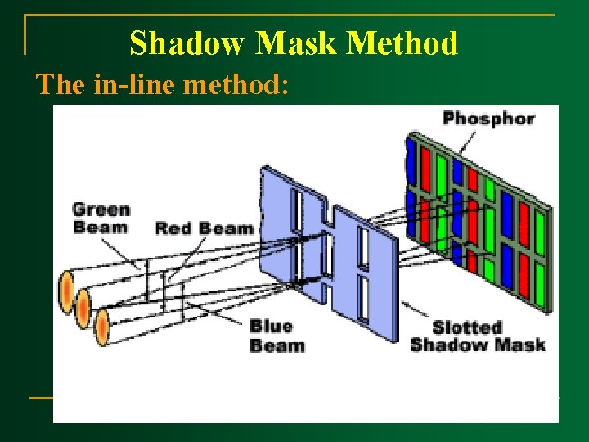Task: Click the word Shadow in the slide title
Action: point(187,43)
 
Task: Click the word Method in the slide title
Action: point(412,43)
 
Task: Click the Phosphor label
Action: point(488,119)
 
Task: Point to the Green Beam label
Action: point(101,217)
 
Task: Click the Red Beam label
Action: point(204,228)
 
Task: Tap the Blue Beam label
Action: point(277,336)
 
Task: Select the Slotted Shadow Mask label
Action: point(478,335)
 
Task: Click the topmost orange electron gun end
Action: point(66,291)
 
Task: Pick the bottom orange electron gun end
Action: point(102,327)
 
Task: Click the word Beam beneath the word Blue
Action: point(277,345)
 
